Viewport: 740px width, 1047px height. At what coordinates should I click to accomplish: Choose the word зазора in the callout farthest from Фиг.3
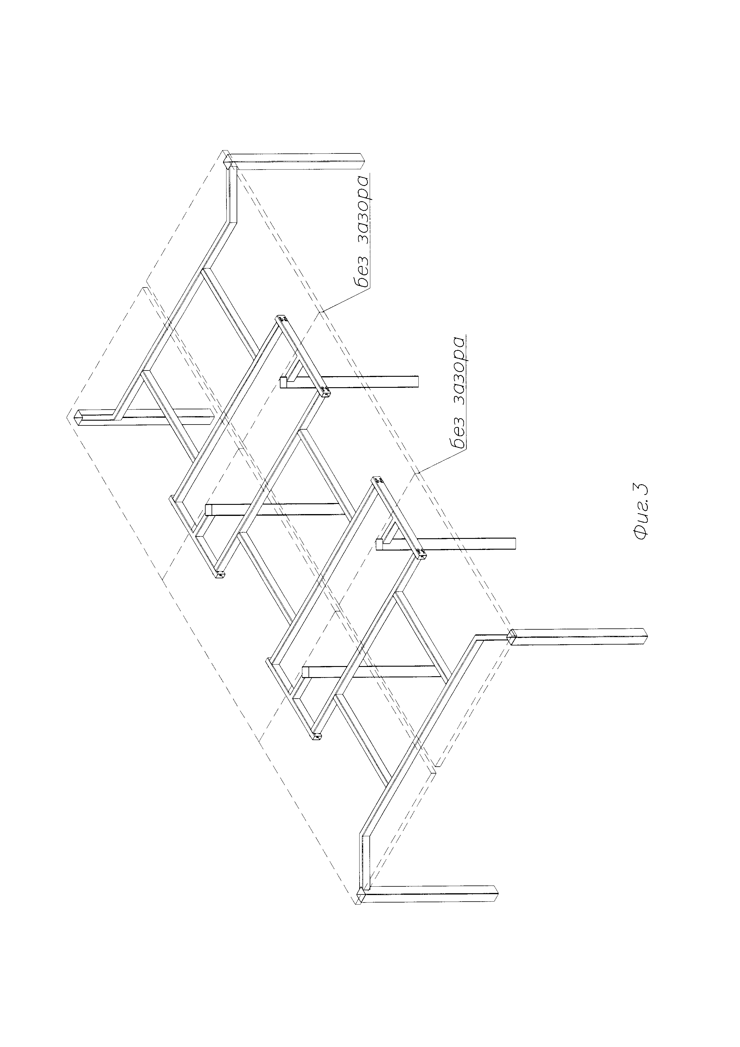362,210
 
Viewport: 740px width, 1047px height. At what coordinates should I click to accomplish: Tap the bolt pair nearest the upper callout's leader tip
326,390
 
